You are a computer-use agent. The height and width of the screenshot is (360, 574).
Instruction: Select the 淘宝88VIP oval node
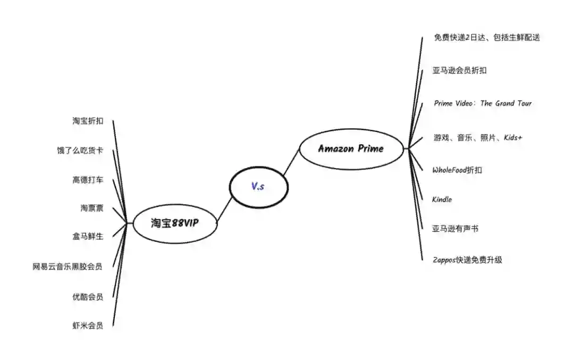pyautogui.click(x=175, y=223)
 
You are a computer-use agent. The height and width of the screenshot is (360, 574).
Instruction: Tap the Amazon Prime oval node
pyautogui.click(x=351, y=149)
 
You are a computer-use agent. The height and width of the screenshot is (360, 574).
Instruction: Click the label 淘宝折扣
pyautogui.click(x=88, y=121)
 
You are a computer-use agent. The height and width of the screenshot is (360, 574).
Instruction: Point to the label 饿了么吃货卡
pyautogui.click(x=80, y=150)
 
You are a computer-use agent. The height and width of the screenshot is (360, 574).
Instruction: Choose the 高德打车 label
pyautogui.click(x=88, y=180)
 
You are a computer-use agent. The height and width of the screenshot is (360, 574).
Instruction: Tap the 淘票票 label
pyautogui.click(x=92, y=208)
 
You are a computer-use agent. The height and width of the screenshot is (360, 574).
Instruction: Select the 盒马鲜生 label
pyautogui.click(x=88, y=236)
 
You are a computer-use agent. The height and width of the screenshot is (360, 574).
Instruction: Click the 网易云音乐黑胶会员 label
pyautogui.click(x=67, y=266)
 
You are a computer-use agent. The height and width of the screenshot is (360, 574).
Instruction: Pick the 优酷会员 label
pyautogui.click(x=88, y=297)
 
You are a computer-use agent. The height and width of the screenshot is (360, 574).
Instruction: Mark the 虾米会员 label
pyautogui.click(x=88, y=325)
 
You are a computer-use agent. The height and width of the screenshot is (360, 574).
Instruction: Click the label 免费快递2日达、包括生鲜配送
pyautogui.click(x=487, y=38)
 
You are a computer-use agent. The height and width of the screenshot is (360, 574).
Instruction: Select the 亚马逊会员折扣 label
pyautogui.click(x=460, y=71)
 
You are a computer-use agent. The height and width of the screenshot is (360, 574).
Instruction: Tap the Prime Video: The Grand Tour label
pyautogui.click(x=483, y=103)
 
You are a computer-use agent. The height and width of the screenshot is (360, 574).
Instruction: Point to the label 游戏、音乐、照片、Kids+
pyautogui.click(x=478, y=138)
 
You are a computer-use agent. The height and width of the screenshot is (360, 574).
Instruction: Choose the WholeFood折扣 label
pyautogui.click(x=458, y=170)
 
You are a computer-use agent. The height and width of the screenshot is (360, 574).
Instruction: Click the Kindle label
pyautogui.click(x=442, y=199)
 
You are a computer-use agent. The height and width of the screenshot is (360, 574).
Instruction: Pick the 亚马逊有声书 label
pyautogui.click(x=455, y=229)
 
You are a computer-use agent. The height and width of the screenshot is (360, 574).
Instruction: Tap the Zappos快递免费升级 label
pyautogui.click(x=468, y=260)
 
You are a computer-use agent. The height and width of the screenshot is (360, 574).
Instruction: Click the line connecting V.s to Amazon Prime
pyautogui.click(x=291, y=162)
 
